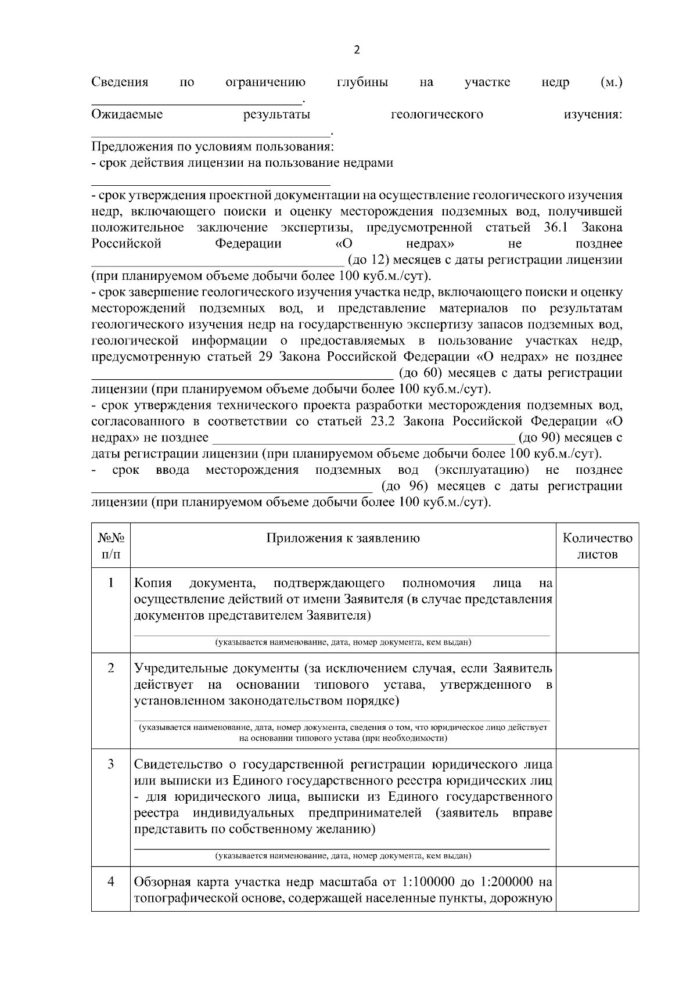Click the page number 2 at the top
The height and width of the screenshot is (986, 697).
click(x=357, y=51)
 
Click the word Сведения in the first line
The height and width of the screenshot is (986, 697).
click(x=120, y=82)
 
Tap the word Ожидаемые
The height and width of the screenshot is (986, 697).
click(x=127, y=114)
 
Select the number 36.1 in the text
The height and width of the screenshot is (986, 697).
click(x=556, y=227)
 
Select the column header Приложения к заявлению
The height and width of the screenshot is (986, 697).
click(x=343, y=538)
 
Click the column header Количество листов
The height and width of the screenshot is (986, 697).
click(x=597, y=546)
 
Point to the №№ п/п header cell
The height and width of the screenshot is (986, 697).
click(x=111, y=546)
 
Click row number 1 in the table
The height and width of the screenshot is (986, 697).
click(x=111, y=582)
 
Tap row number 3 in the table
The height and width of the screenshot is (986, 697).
click(x=111, y=764)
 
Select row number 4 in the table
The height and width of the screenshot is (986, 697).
click(x=111, y=882)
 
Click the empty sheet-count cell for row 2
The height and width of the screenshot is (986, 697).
click(x=597, y=700)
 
